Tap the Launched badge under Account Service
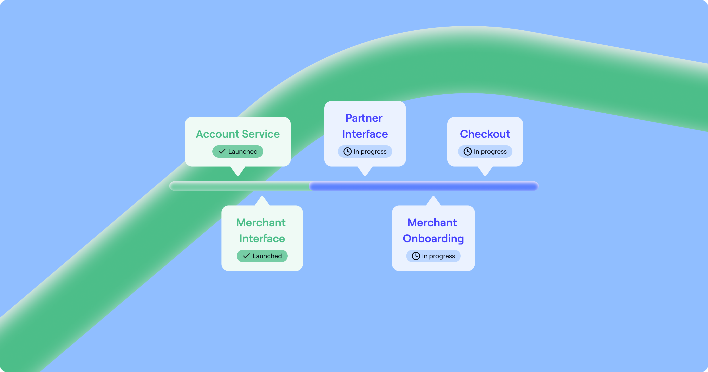(238, 151)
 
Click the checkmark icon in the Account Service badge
(222, 151)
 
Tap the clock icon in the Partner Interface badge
(347, 151)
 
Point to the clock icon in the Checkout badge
(468, 151)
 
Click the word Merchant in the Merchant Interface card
(261, 223)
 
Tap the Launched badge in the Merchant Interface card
(262, 256)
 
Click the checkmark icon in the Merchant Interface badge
(246, 256)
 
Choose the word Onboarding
(433, 238)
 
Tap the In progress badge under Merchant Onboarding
(433, 256)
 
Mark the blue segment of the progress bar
(423, 186)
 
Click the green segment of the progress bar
(239, 186)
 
